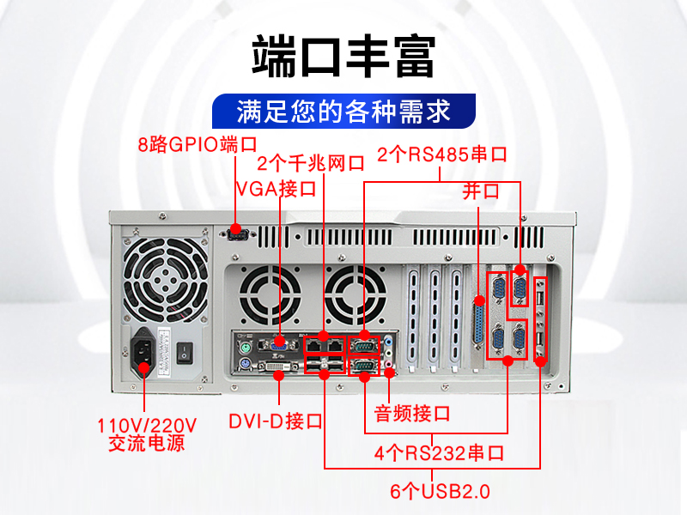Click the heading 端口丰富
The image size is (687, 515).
coord(343,57)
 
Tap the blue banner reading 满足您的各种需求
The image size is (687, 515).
coord(344,112)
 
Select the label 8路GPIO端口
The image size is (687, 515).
coord(198,144)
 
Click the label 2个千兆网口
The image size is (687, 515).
coord(311,163)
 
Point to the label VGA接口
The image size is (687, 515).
coord(276,189)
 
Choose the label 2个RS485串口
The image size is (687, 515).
coord(442,154)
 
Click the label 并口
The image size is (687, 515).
coord(481,191)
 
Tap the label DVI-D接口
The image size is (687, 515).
coord(276,421)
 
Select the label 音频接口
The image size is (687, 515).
coord(412,414)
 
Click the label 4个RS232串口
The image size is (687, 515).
coord(439,453)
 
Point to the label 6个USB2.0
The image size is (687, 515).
coord(440,491)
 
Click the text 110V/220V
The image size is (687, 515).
coord(147,425)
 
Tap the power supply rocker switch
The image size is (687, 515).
coord(185,353)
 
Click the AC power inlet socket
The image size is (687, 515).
coord(143,352)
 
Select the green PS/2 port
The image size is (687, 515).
coord(245,349)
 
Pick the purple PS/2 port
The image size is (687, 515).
coord(245,363)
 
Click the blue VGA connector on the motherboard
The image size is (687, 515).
coord(278,345)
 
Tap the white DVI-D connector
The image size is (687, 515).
coord(278,366)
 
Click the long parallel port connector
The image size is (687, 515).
coord(479,324)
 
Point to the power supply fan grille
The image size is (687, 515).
coord(166,281)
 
